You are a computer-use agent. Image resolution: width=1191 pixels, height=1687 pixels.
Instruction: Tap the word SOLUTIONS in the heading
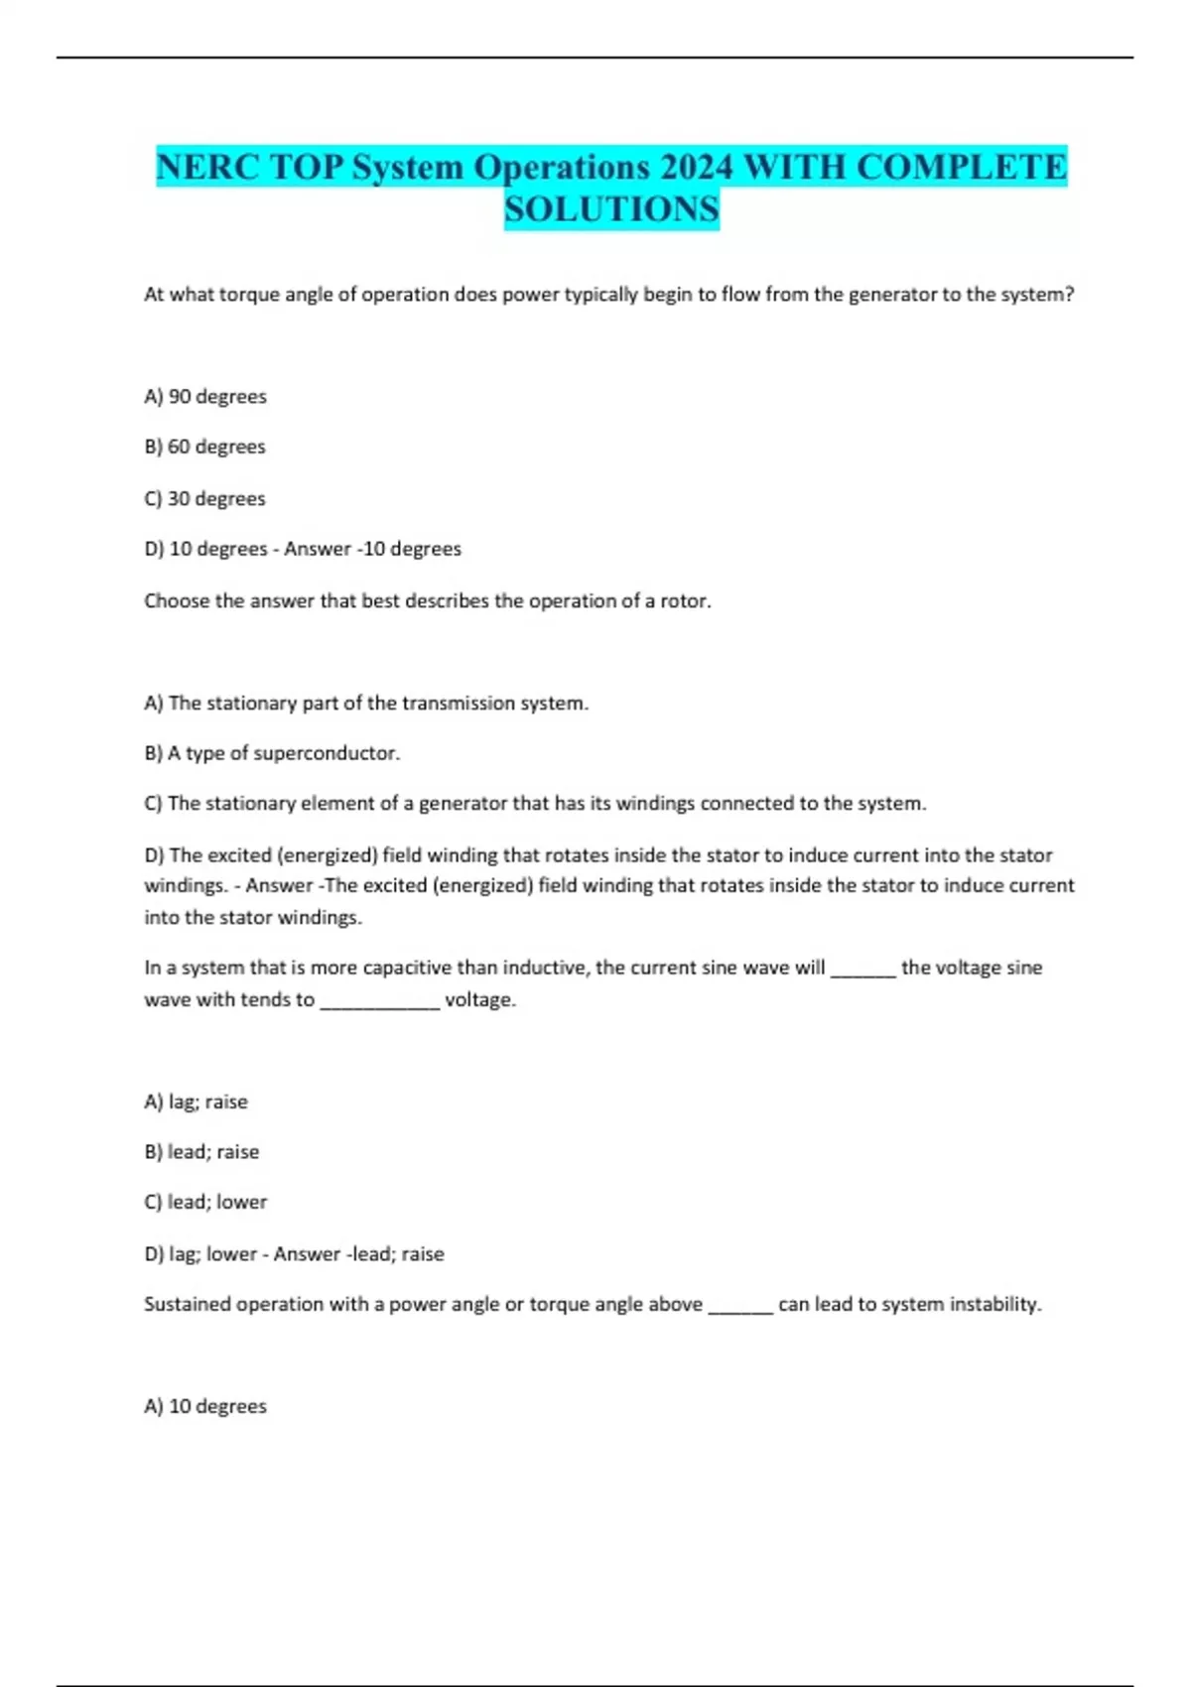tap(611, 209)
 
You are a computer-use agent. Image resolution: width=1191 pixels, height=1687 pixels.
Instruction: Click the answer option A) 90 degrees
tap(205, 396)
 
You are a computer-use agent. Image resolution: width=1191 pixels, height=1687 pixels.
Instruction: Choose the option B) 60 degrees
tap(204, 447)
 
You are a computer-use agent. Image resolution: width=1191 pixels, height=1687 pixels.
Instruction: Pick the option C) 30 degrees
tap(204, 498)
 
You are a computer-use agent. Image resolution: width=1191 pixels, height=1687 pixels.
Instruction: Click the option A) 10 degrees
tap(205, 1406)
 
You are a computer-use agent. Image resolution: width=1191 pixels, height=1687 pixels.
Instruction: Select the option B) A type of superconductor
tap(272, 753)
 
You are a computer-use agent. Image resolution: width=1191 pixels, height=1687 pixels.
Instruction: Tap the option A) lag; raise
tap(196, 1102)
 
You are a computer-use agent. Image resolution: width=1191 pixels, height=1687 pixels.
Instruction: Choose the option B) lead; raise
tap(201, 1152)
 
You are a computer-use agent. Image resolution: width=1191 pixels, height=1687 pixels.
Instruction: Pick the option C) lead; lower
tap(205, 1202)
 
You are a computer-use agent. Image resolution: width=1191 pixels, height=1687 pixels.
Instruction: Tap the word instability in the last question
tap(993, 1304)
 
